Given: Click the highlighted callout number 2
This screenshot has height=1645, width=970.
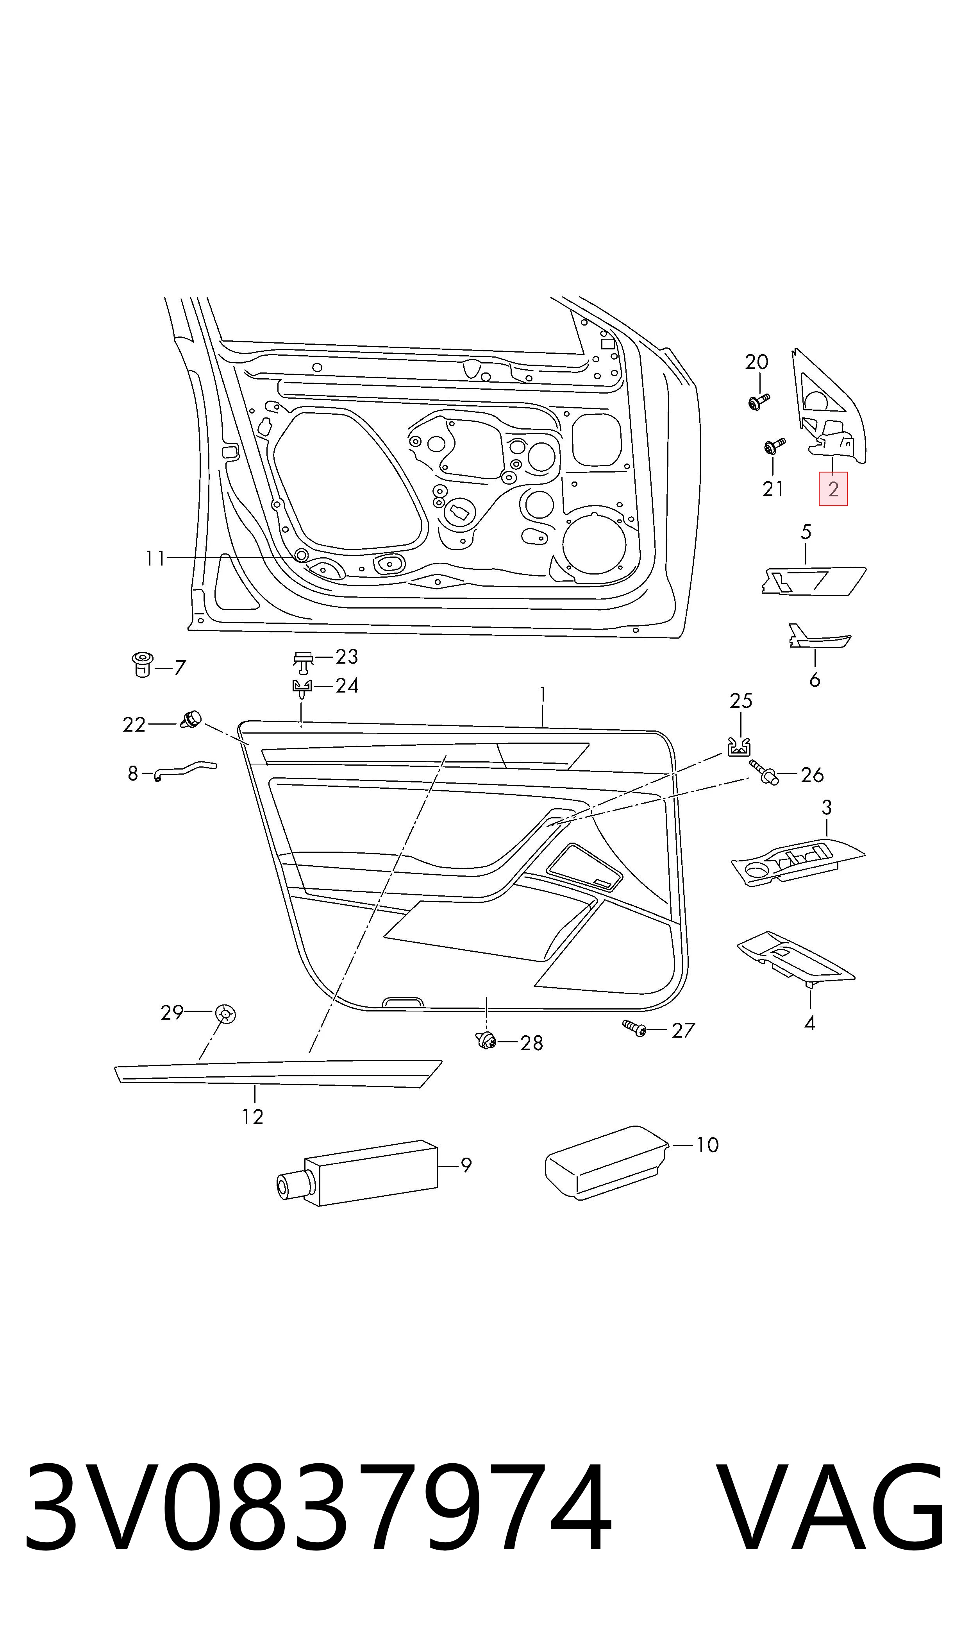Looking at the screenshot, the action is coord(833,489).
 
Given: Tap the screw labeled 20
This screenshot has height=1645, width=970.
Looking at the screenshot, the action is coord(758,401).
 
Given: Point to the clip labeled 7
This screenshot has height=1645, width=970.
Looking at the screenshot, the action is coord(143,664).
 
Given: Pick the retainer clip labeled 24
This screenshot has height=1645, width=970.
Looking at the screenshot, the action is coord(301,689).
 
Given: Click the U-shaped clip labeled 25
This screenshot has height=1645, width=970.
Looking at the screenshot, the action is coord(739,746).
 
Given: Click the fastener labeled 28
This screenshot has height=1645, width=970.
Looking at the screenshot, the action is coord(485,1039).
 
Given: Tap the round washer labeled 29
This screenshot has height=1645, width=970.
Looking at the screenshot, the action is coord(225,1013).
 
